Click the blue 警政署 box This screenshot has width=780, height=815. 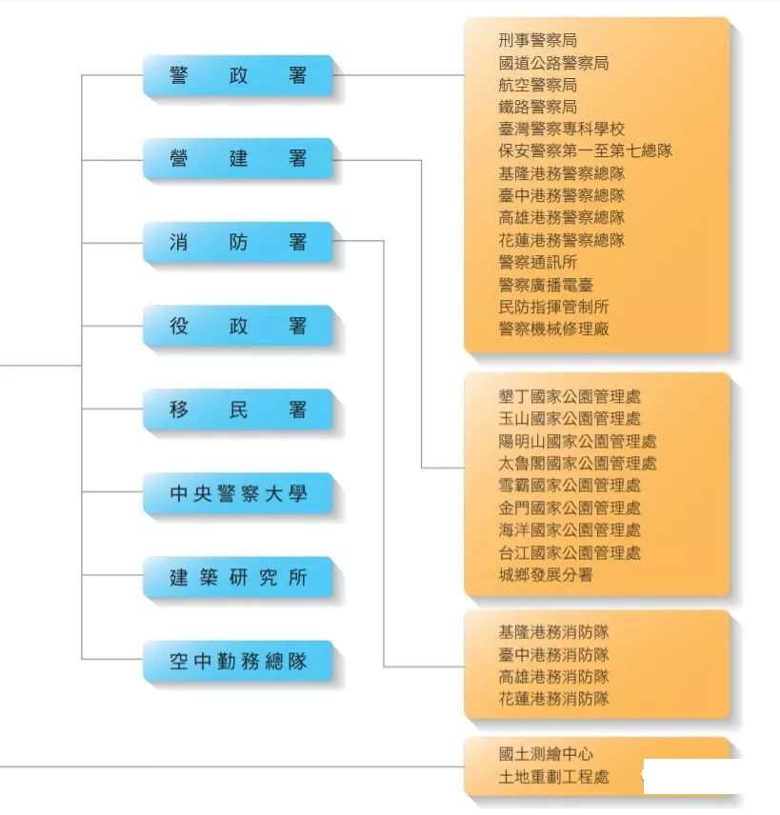click(238, 75)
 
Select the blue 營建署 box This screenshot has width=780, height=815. click(238, 159)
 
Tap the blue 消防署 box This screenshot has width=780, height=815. click(238, 242)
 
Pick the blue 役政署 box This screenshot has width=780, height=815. click(238, 326)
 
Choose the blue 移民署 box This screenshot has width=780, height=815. click(238, 409)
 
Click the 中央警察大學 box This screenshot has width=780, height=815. click(238, 493)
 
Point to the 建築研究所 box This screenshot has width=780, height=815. click(238, 578)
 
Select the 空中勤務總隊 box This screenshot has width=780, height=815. click(238, 661)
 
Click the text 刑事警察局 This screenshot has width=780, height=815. click(538, 40)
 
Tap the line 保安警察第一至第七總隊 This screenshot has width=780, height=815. click(586, 150)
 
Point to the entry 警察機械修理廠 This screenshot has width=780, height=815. click(553, 328)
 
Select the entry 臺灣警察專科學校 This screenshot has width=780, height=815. click(562, 129)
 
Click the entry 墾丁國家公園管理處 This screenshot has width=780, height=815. click(570, 397)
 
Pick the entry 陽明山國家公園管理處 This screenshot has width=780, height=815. click(577, 441)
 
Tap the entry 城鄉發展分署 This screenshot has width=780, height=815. click(546, 575)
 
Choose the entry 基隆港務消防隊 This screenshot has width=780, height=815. click(553, 632)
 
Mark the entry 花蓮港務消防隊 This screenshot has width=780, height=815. click(553, 699)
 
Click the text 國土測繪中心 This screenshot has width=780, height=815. click(546, 754)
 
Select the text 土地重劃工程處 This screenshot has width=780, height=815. click(553, 777)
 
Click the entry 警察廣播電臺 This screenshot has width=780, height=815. click(546, 285)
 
